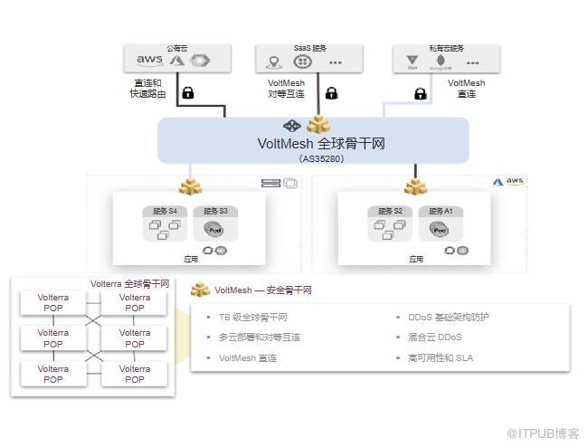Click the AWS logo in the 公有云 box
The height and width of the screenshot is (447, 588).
point(149,61)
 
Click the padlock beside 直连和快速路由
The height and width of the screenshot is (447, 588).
point(188,92)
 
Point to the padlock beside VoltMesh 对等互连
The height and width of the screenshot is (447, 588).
point(331,92)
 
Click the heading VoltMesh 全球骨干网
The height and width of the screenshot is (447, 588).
point(321,143)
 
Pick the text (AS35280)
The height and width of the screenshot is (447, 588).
point(320,157)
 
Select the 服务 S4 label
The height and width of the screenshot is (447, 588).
point(164,212)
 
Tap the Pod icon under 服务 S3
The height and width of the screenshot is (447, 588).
point(213,229)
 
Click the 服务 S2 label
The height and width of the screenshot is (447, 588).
point(390,212)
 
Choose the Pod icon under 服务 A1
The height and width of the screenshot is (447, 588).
point(440,229)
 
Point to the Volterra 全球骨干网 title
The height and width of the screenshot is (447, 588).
point(129,283)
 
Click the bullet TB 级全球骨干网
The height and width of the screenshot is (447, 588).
point(253,318)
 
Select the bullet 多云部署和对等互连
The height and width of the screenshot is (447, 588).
point(260,338)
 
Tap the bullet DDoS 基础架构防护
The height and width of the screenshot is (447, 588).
point(449,318)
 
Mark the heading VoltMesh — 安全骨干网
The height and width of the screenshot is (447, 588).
point(262,290)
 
